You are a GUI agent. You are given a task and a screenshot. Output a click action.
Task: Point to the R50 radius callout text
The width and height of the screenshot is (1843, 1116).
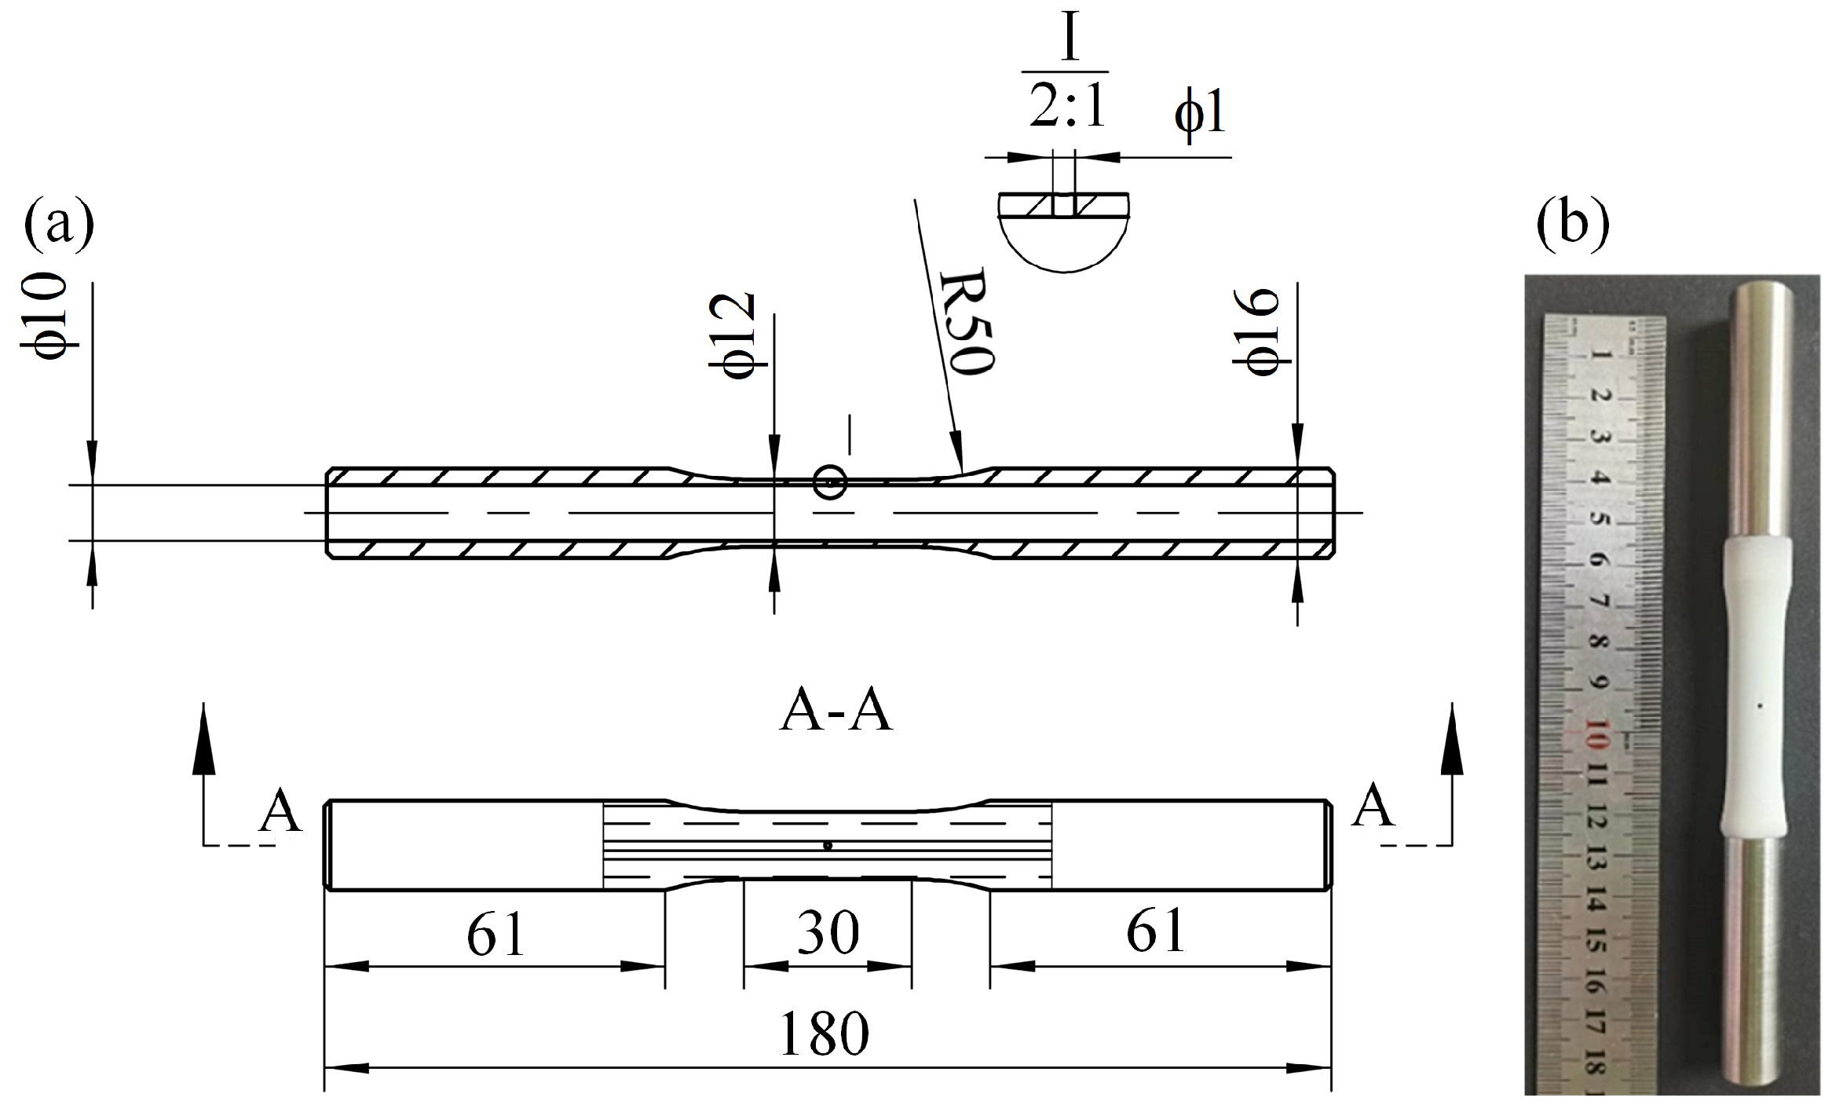point(968,322)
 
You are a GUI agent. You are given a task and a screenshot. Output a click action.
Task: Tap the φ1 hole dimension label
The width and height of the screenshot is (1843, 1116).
point(1200,114)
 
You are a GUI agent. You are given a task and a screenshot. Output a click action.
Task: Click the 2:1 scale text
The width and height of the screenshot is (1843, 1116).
point(1068,106)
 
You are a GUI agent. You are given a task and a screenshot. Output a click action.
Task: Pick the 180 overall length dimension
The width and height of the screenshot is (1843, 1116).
point(825,1034)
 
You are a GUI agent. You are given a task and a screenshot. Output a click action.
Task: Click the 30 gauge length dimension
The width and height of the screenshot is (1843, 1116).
point(828,933)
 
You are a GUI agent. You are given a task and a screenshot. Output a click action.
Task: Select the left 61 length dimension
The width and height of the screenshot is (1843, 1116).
point(495,935)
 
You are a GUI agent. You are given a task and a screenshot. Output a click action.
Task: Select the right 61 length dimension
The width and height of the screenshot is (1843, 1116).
point(1155,931)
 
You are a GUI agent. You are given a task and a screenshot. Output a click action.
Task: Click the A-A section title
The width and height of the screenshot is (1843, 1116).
point(836,712)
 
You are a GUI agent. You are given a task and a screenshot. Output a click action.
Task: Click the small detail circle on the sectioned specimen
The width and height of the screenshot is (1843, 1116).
point(830,482)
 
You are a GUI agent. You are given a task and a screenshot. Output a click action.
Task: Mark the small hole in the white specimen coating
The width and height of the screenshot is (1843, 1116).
point(1760,706)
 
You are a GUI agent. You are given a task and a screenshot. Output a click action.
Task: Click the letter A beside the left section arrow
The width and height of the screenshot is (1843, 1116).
point(280,812)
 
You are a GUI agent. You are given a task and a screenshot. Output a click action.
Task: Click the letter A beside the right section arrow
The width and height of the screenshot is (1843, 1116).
point(1373,806)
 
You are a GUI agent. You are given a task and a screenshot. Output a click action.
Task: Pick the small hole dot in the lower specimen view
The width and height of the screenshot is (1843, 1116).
point(827,846)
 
